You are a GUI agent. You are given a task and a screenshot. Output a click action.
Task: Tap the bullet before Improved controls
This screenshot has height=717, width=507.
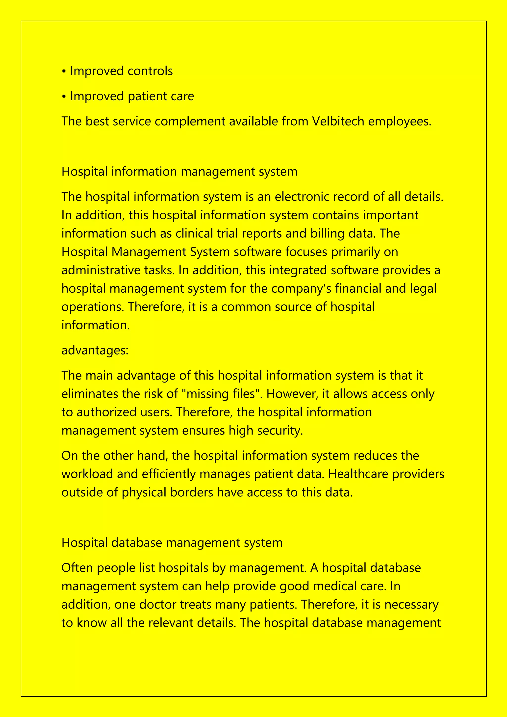64,72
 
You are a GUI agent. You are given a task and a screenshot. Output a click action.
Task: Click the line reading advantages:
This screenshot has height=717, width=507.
95,350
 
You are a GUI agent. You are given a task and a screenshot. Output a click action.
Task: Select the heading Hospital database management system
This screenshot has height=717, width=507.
172,542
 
